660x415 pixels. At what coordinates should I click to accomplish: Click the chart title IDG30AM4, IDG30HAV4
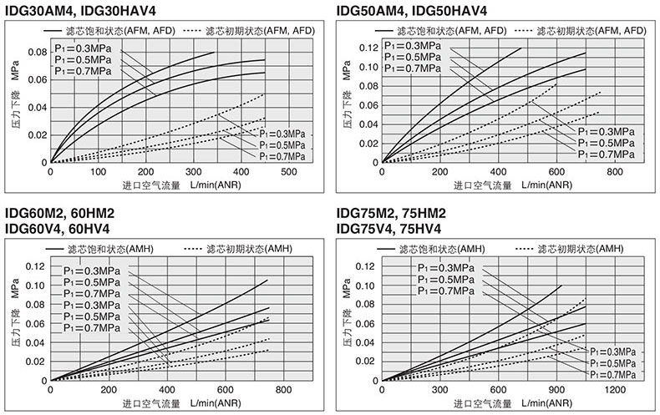coord(80,11)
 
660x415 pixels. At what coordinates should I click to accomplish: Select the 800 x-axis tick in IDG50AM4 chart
coord(614,172)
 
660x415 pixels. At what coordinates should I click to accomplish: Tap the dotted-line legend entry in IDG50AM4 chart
coord(582,30)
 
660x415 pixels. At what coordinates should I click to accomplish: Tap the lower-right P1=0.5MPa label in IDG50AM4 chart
coord(606,144)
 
